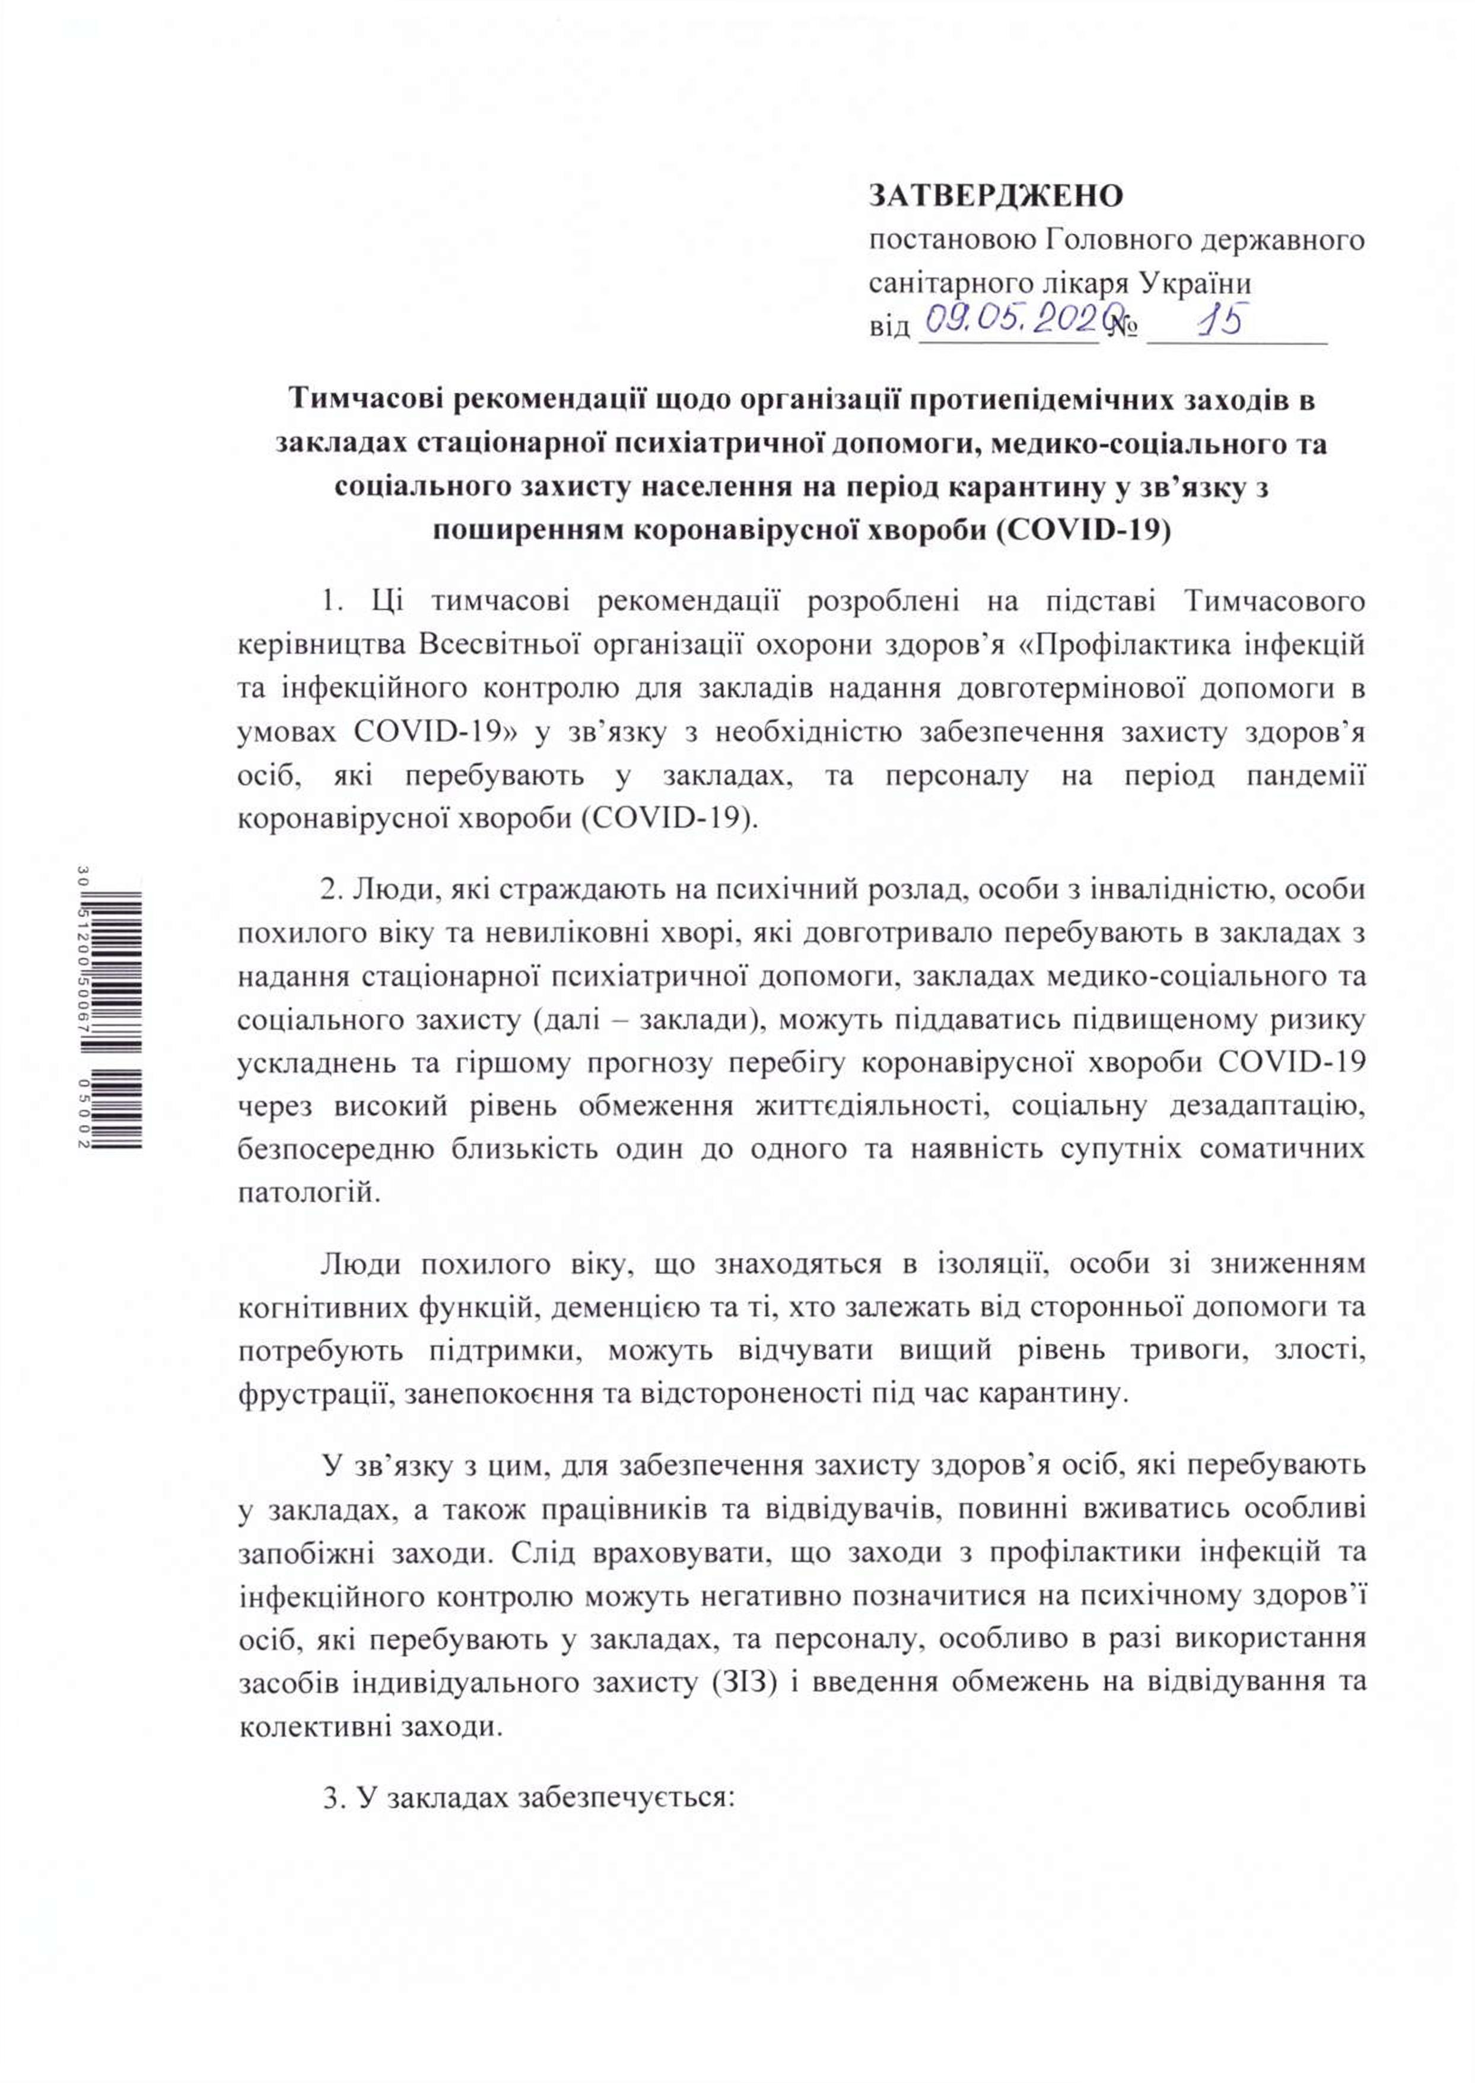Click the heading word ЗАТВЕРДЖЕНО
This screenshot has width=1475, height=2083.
click(996, 195)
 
